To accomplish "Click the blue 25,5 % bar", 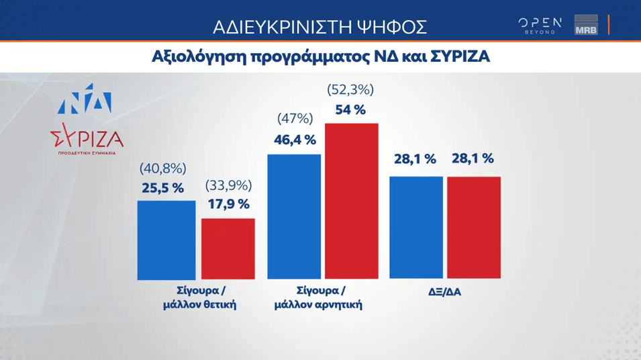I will coord(166,240).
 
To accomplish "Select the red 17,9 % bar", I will coord(228,249).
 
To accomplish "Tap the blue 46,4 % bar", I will coord(294,216).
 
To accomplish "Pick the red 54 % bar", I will coord(352,201).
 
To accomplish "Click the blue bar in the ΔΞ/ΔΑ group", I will coord(416,227).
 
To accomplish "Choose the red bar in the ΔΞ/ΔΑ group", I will coord(474,227).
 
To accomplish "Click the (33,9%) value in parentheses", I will coord(228,185).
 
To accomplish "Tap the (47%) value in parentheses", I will coord(295,119).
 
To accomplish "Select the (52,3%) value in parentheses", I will coord(350,89).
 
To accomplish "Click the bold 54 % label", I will coord(350,109).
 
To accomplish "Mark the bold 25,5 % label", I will coord(162,188).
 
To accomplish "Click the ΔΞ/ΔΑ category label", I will coord(444,291).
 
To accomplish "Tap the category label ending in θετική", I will coord(200,298).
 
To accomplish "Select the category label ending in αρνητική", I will coord(318,298).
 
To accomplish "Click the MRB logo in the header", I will coord(586,26).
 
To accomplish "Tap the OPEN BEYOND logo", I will coord(540,26).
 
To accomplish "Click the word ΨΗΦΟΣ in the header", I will coord(397,27).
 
